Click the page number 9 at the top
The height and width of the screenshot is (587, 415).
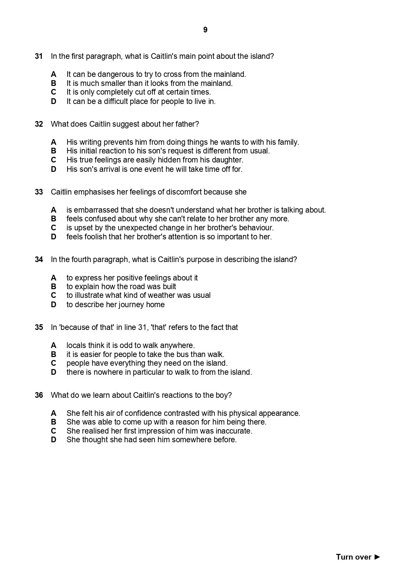pos(205,30)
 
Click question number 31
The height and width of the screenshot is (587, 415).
pos(39,56)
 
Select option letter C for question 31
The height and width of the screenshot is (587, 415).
pos(54,92)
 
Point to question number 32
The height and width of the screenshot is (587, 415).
pos(39,124)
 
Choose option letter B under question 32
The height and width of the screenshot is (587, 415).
pos(54,151)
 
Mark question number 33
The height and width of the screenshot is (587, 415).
pos(39,192)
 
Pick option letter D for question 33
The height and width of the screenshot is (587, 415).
pos(54,237)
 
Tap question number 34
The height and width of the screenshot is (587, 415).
pos(39,259)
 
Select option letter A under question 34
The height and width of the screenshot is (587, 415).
pos(54,278)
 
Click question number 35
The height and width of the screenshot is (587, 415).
pos(39,327)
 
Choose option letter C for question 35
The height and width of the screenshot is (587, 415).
pos(54,363)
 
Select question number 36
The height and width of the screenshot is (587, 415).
pos(39,395)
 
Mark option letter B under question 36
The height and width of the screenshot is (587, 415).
pos(54,422)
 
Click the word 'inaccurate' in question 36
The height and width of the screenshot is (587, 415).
pos(234,431)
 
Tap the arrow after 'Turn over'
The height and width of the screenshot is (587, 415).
pos(377,557)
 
